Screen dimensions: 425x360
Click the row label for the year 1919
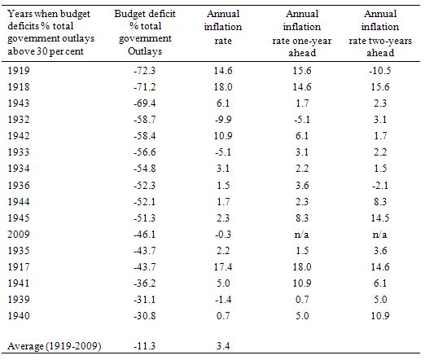point(19,71)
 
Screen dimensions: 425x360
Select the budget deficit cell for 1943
point(145,103)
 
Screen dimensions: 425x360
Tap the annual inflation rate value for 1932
point(223,120)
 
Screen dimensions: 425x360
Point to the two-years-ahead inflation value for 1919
point(380,71)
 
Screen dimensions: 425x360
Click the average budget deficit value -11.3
point(145,346)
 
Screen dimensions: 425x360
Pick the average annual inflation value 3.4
point(223,346)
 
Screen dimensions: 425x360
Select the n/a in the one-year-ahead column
point(301,234)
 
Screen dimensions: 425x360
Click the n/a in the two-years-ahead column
point(380,234)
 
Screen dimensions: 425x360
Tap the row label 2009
point(19,234)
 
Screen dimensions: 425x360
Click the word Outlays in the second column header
point(145,51)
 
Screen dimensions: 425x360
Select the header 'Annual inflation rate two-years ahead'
point(380,33)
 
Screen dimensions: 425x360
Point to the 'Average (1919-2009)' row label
point(55,346)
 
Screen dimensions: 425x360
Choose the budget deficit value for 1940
point(145,315)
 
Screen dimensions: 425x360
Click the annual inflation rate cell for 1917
point(223,266)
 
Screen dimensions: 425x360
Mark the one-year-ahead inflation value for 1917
point(301,266)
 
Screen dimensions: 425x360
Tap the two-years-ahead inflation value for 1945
point(380,217)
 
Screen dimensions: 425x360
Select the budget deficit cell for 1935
point(145,250)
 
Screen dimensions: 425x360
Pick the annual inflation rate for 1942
point(223,136)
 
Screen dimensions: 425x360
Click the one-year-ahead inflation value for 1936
point(301,185)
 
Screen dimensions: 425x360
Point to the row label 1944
point(19,201)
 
